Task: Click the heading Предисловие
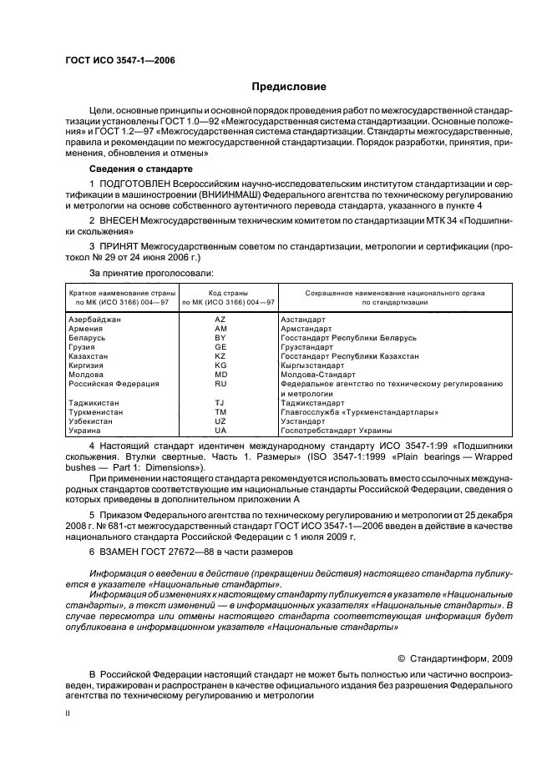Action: [289, 87]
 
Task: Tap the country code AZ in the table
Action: [220, 320]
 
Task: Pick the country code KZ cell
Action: [220, 355]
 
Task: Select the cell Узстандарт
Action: [308, 421]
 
